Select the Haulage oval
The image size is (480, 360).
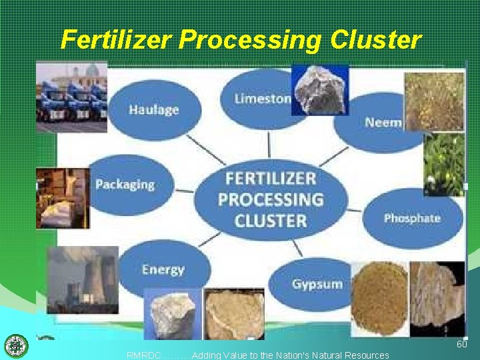(x=154, y=109)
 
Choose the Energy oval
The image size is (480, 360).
(x=162, y=269)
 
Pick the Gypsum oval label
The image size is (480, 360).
(x=317, y=284)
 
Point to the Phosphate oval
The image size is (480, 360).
(x=412, y=218)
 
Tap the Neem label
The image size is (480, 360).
(x=382, y=122)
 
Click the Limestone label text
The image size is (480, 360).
(x=262, y=99)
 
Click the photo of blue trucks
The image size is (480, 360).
(x=71, y=97)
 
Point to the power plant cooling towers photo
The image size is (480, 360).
(x=82, y=280)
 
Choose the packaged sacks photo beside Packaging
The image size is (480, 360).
(x=63, y=198)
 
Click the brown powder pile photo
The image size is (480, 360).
(x=379, y=298)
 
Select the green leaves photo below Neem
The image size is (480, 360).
(x=444, y=164)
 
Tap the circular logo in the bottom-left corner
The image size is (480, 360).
(x=14, y=346)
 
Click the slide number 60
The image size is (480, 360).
(x=461, y=344)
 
